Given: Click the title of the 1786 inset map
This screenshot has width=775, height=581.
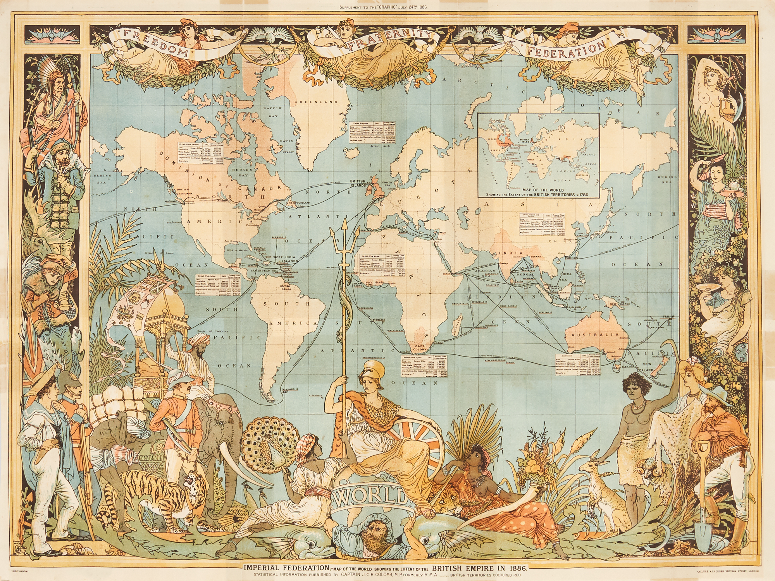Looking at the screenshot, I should click(x=538, y=192).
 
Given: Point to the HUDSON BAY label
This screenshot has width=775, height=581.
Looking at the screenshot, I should click(x=242, y=172).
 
